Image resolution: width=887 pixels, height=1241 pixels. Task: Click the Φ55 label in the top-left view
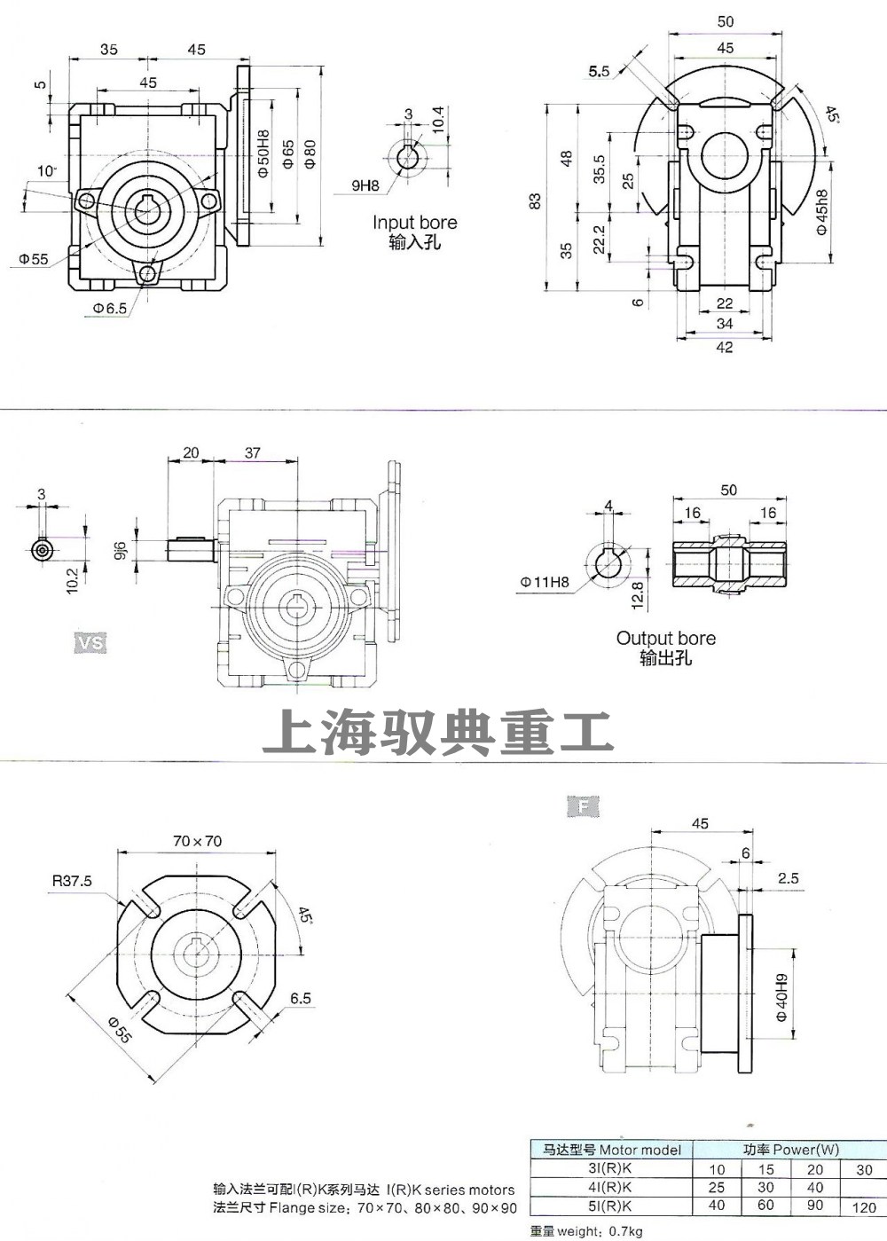[34, 260]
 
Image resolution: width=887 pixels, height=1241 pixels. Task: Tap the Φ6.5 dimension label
[109, 308]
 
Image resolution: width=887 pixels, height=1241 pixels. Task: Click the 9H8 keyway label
[365, 185]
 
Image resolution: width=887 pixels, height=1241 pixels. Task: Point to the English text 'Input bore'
[414, 223]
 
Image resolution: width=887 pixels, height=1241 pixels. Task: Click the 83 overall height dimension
[535, 201]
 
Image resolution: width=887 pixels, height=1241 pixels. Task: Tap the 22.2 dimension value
[599, 239]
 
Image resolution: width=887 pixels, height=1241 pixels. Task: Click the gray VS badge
[90, 641]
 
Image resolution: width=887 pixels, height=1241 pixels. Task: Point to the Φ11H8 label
[545, 583]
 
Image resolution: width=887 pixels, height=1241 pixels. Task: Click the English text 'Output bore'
[665, 638]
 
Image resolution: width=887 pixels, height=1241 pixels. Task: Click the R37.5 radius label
[72, 881]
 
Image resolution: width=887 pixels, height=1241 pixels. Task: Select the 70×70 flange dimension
[197, 841]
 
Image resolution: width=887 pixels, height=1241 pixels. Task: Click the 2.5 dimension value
[788, 878]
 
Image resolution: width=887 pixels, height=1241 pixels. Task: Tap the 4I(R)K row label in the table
[611, 1187]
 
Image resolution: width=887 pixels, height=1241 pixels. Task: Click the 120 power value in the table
[864, 1206]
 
